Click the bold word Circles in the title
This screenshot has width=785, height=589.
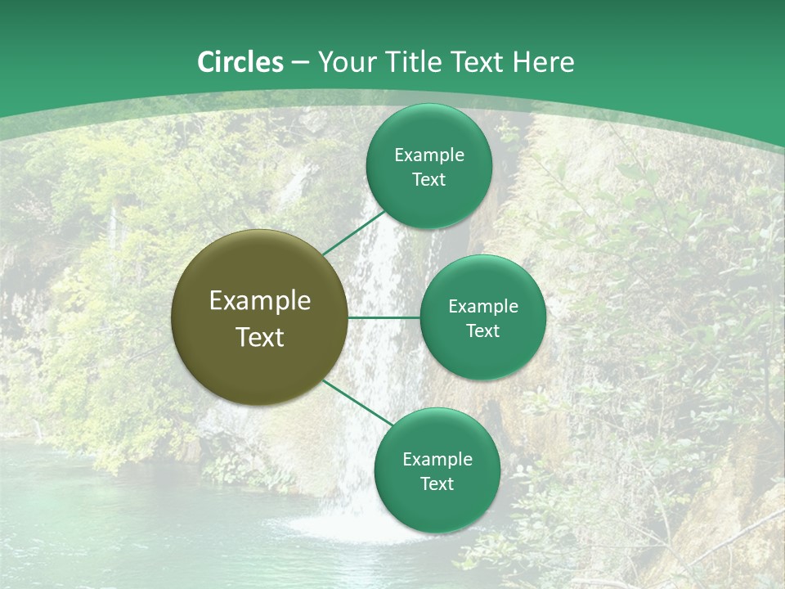(x=240, y=62)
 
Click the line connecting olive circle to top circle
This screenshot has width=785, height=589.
(x=353, y=233)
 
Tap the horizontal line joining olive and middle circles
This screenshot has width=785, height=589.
(x=384, y=317)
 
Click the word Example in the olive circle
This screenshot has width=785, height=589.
(x=260, y=301)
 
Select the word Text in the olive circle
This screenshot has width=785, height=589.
(x=260, y=337)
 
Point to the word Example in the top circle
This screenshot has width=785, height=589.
(x=429, y=155)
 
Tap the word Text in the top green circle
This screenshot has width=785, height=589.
(x=429, y=180)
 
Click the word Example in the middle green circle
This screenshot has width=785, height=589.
(x=483, y=307)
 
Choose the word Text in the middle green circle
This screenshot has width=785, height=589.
(x=483, y=331)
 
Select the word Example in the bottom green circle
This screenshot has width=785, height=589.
(x=437, y=460)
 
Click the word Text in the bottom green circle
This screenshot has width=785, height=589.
(x=437, y=484)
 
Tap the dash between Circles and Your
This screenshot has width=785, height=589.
(x=300, y=63)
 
